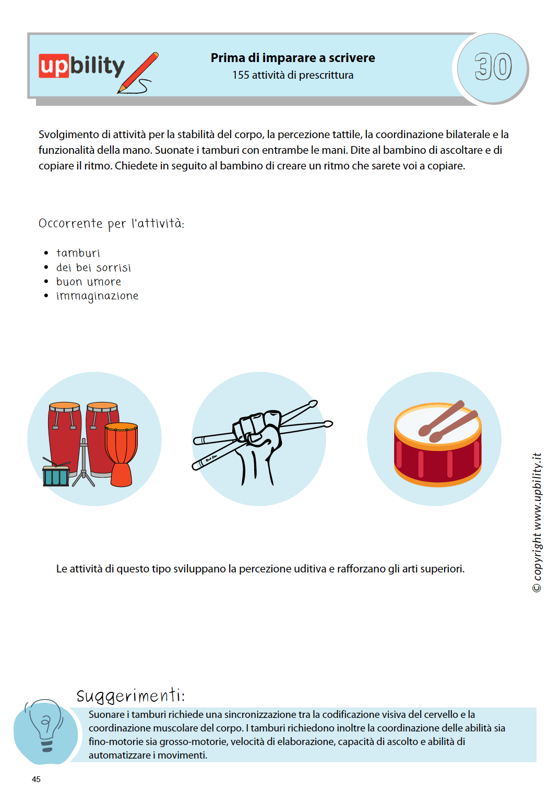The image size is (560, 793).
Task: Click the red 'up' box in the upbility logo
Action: point(54,66)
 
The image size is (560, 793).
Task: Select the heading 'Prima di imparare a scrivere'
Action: point(292,58)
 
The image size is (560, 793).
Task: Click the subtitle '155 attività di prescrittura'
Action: point(292,75)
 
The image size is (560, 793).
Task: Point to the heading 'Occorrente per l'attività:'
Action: point(111,224)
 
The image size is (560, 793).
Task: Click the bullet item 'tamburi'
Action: point(78,253)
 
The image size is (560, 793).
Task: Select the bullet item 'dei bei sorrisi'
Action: point(93,268)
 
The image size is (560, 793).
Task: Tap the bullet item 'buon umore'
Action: point(89,282)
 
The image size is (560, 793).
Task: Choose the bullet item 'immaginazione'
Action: point(97,296)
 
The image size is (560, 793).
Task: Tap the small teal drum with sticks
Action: point(56,475)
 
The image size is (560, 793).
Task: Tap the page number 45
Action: point(36,779)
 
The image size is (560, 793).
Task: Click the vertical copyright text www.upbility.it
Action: point(537,521)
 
